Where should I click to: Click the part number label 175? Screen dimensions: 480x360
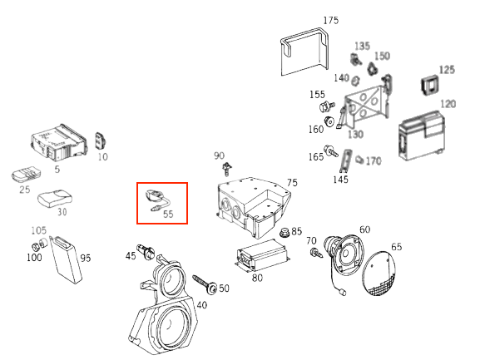pyautogui.click(x=331, y=21)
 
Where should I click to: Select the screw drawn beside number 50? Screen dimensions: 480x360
pyautogui.click(x=205, y=284)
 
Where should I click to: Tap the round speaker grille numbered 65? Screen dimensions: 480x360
pyautogui.click(x=379, y=274)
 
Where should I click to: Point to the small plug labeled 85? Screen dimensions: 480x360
pyautogui.click(x=285, y=232)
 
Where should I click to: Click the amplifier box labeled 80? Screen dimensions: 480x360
pyautogui.click(x=262, y=255)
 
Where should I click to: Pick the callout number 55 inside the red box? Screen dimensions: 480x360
pyautogui.click(x=168, y=214)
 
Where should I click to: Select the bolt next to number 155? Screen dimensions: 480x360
pyautogui.click(x=327, y=106)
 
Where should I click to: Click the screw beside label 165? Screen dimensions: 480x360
pyautogui.click(x=331, y=150)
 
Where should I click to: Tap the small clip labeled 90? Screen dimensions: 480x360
pyautogui.click(x=227, y=169)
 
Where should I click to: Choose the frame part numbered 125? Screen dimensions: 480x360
pyautogui.click(x=430, y=85)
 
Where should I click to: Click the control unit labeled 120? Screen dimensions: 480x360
pyautogui.click(x=422, y=136)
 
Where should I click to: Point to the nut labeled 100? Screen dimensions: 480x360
pyautogui.click(x=36, y=246)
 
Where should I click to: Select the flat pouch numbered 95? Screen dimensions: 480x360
pyautogui.click(x=66, y=259)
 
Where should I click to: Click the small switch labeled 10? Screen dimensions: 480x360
pyautogui.click(x=101, y=141)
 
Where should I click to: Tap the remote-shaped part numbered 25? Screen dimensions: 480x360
pyautogui.click(x=26, y=175)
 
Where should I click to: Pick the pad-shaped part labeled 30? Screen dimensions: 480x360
pyautogui.click(x=55, y=199)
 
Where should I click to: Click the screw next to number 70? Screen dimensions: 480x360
pyautogui.click(x=316, y=253)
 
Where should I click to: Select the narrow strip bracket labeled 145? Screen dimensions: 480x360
pyautogui.click(x=345, y=161)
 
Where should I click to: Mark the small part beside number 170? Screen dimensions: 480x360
pyautogui.click(x=359, y=160)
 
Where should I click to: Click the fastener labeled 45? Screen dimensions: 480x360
pyautogui.click(x=146, y=251)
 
